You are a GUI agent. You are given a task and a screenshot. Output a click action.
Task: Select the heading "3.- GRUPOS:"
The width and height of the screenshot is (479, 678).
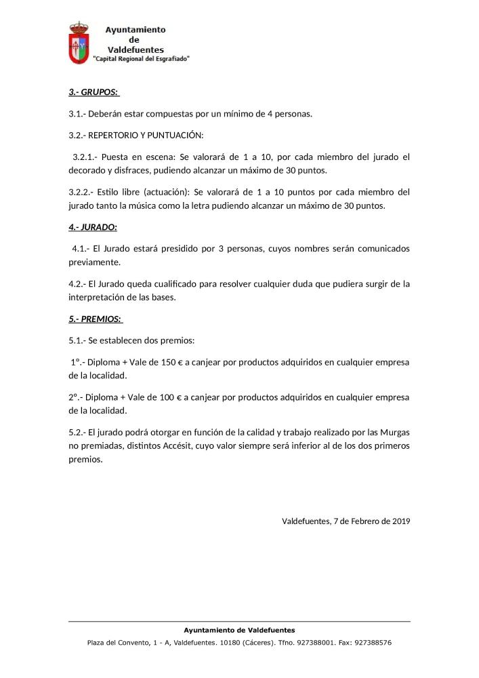coord(93,92)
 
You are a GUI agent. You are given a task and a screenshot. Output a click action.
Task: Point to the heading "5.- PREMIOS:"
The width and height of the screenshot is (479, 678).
coord(95,318)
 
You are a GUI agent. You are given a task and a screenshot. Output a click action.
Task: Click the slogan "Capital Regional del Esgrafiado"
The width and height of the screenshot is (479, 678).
coord(141,59)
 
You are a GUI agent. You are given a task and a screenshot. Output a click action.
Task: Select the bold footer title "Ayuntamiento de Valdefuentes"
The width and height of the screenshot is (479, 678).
coord(239,630)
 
